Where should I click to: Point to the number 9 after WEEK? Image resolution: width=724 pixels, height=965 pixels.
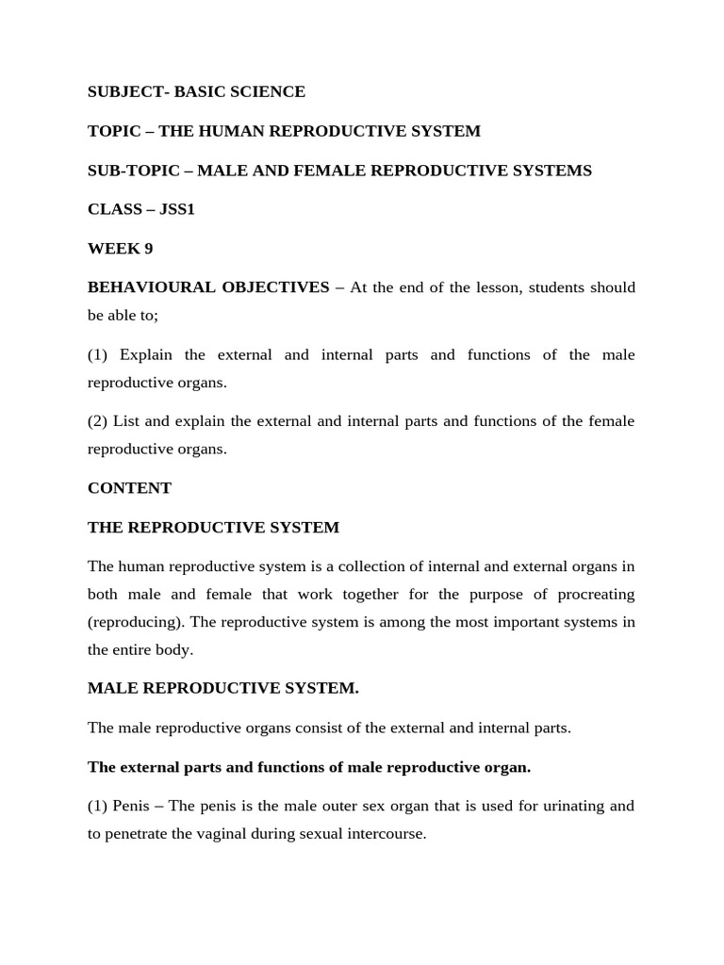tap(148, 249)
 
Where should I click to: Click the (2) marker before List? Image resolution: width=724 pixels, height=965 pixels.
tap(99, 420)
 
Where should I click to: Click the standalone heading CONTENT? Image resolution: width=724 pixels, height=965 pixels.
tap(129, 488)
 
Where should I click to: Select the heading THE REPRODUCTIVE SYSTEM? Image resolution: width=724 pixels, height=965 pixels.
tap(213, 528)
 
